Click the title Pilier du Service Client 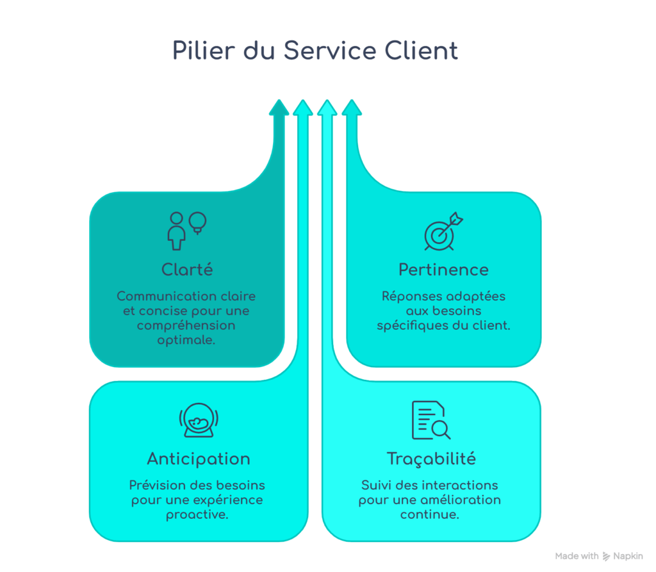pyautogui.click(x=315, y=51)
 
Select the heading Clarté pyautogui.click(x=187, y=270)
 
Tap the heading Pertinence pyautogui.click(x=443, y=270)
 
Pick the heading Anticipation pyautogui.click(x=199, y=459)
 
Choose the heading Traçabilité pyautogui.click(x=431, y=459)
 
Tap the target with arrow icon pyautogui.click(x=443, y=231)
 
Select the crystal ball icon pyautogui.click(x=198, y=421)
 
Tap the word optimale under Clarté pyautogui.click(x=186, y=340)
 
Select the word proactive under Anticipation pyautogui.click(x=197, y=514)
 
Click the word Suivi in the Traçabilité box pyautogui.click(x=376, y=485)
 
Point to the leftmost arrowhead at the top pyautogui.click(x=279, y=108)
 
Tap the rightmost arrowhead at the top pyautogui.click(x=351, y=108)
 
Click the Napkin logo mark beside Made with pyautogui.click(x=607, y=557)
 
